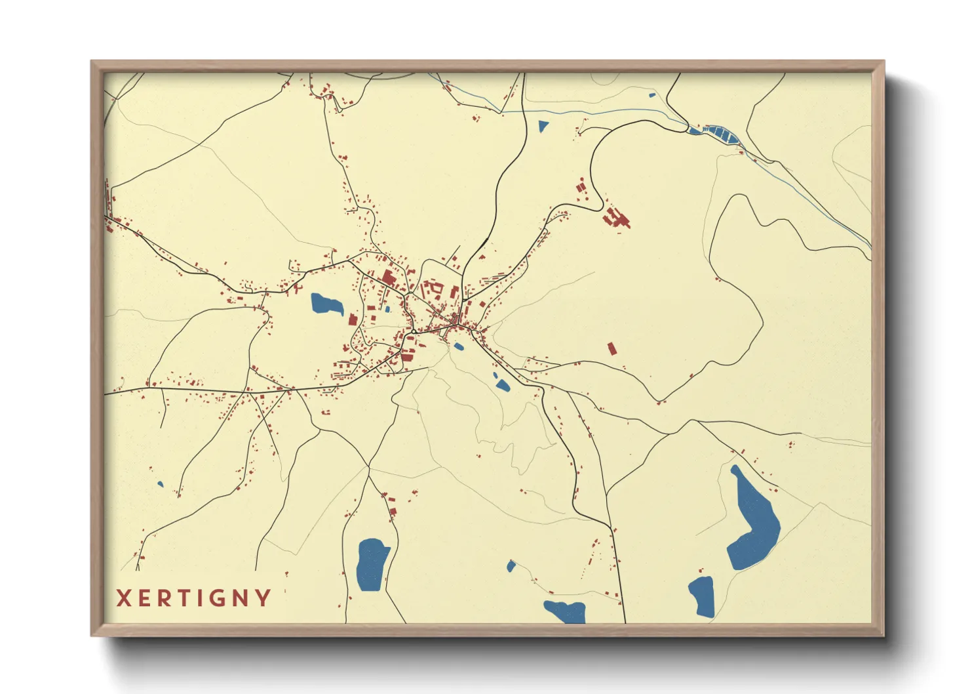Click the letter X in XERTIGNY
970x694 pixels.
pyautogui.click(x=124, y=598)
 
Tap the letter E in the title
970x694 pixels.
pyautogui.click(x=145, y=598)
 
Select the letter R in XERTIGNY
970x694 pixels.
pyautogui.click(x=165, y=598)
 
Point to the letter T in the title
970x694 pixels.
pyautogui.click(x=185, y=598)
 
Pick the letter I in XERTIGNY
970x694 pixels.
pyautogui.click(x=202, y=598)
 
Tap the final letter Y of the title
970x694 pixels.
pyautogui.click(x=263, y=598)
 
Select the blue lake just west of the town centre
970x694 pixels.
pyautogui.click(x=326, y=304)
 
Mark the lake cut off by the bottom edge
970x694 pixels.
pyautogui.click(x=566, y=611)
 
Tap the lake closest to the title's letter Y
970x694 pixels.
pyautogui.click(x=372, y=563)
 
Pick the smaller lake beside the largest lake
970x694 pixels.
pyautogui.click(x=703, y=596)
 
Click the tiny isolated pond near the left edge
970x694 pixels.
pyautogui.click(x=161, y=485)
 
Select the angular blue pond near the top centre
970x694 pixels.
pyautogui.click(x=543, y=127)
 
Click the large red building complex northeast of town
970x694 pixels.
pyautogui.click(x=616, y=218)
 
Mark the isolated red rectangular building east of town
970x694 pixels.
pyautogui.click(x=612, y=348)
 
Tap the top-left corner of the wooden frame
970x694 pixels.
pyautogui.click(x=92, y=62)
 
